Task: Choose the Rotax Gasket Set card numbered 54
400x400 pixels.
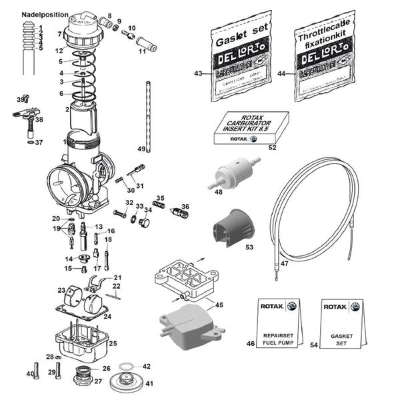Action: coord(343,323)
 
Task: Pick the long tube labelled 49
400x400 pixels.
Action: coord(149,113)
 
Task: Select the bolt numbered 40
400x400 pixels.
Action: coord(37,374)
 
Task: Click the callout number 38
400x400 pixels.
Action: coord(39,120)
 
